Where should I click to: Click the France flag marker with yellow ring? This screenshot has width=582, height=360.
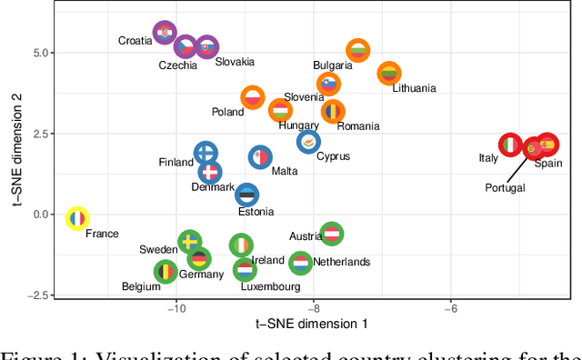coord(78,218)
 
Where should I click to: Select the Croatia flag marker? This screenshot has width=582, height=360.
coord(164,34)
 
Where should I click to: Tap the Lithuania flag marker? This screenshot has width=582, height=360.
coord(389,73)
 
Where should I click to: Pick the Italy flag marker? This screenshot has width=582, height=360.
coord(512,145)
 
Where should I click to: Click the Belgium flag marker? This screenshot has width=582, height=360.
coord(165,271)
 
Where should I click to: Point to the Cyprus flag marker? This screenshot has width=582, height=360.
coord(309,142)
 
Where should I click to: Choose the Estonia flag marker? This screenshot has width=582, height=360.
coord(247,195)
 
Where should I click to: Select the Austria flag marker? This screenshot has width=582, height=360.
coord(332,234)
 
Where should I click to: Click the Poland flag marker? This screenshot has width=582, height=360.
coord(253,96)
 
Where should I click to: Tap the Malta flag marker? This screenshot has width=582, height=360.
coord(261,157)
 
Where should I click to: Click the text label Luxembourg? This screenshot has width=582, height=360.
coord(270,286)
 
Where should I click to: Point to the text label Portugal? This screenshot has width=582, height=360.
coord(506,188)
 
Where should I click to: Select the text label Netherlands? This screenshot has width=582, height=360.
coord(342,262)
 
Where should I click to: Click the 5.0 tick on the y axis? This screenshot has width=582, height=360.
coord(42,53)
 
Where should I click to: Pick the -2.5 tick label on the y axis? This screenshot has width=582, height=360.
coord(39,295)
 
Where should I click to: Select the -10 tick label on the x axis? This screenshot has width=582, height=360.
coord(176,308)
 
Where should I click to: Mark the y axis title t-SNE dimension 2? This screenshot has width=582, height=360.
coord(16,152)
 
